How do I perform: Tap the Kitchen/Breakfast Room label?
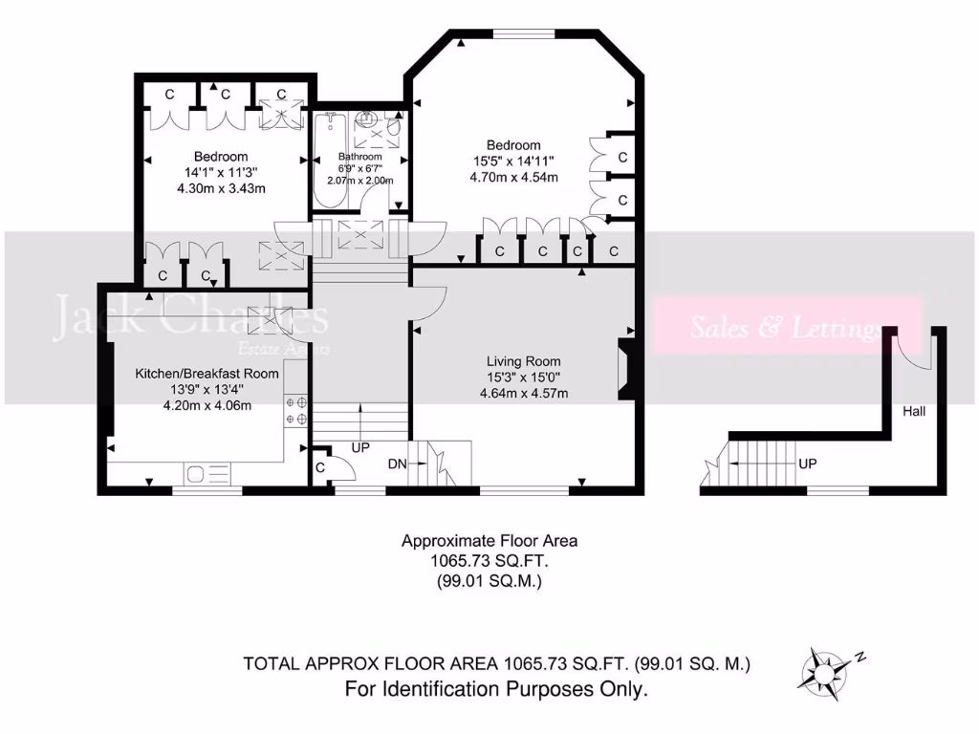pos(207,373)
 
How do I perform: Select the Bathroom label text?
pos(360,157)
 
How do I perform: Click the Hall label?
pos(914,412)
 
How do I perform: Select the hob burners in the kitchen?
pos(295,411)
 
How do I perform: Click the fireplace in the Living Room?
pos(625,368)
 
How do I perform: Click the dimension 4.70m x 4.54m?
pos(513,177)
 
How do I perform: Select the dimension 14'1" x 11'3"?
pos(221,173)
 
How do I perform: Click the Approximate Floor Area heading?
pos(489,540)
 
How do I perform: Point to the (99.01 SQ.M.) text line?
pos(489,579)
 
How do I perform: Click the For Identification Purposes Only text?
pos(496,688)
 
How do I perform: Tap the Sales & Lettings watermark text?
pos(785,329)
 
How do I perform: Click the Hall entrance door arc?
pos(915,353)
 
